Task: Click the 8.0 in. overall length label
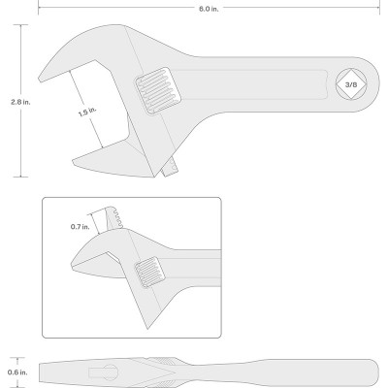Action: tap(209, 9)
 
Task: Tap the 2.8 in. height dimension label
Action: tap(20, 102)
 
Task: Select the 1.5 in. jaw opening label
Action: tap(87, 112)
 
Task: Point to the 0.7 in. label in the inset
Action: tap(80, 227)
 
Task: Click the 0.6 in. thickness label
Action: tap(17, 372)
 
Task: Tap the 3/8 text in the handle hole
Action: tap(351, 85)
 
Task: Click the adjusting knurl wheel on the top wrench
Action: tap(158, 91)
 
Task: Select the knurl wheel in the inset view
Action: tap(149, 273)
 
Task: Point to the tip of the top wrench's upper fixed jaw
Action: tap(40, 80)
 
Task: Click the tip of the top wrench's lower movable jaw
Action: tap(74, 161)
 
